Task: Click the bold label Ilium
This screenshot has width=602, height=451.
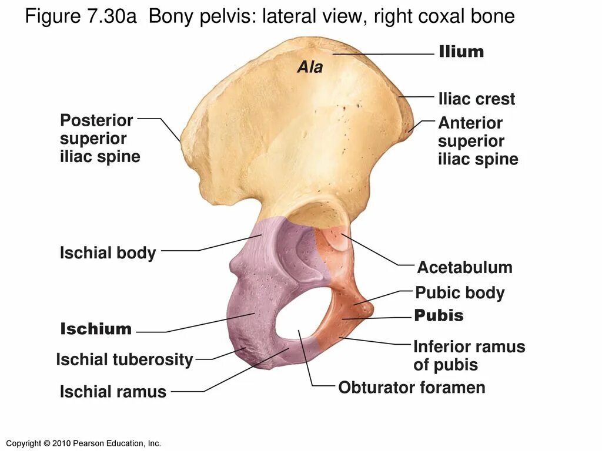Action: click(461, 52)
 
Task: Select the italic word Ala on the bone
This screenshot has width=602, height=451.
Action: click(310, 68)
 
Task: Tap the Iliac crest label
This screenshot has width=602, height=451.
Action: click(476, 99)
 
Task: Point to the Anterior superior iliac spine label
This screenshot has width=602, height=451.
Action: click(477, 141)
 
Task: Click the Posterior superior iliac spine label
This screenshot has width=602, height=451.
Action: click(99, 139)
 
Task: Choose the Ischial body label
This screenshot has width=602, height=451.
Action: click(108, 253)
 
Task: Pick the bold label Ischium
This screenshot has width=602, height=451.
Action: click(96, 329)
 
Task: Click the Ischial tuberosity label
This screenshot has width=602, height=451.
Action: click(124, 359)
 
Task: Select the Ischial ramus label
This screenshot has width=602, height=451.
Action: click(113, 392)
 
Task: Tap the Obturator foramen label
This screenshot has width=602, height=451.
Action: click(412, 388)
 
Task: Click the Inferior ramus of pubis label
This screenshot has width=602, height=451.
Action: click(469, 355)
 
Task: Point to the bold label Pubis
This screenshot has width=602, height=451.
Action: click(439, 316)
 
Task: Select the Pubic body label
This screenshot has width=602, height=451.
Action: click(460, 292)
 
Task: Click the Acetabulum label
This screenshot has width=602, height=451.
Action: click(464, 268)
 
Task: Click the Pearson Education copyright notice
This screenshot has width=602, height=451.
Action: click(82, 443)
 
